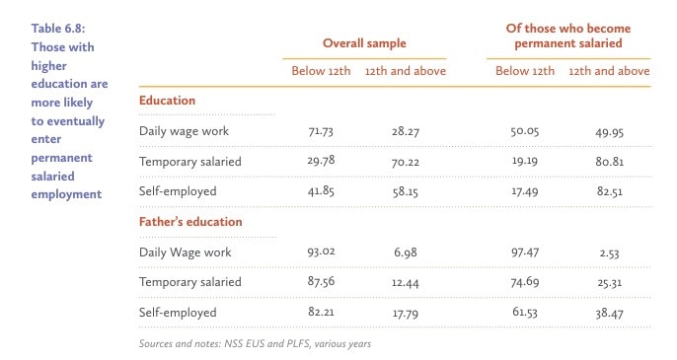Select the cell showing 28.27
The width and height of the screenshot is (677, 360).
pyautogui.click(x=405, y=131)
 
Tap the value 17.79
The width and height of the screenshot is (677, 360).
pyautogui.click(x=405, y=312)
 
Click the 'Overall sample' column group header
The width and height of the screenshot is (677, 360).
pyautogui.click(x=364, y=43)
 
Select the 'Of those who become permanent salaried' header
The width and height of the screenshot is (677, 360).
pyautogui.click(x=561, y=36)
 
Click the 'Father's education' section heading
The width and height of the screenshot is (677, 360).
pyautogui.click(x=190, y=222)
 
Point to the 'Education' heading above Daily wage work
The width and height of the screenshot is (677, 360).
pyautogui.click(x=167, y=101)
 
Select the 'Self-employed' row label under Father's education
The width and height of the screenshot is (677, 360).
pyautogui.click(x=178, y=312)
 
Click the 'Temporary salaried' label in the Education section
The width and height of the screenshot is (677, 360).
pyautogui.click(x=189, y=161)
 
